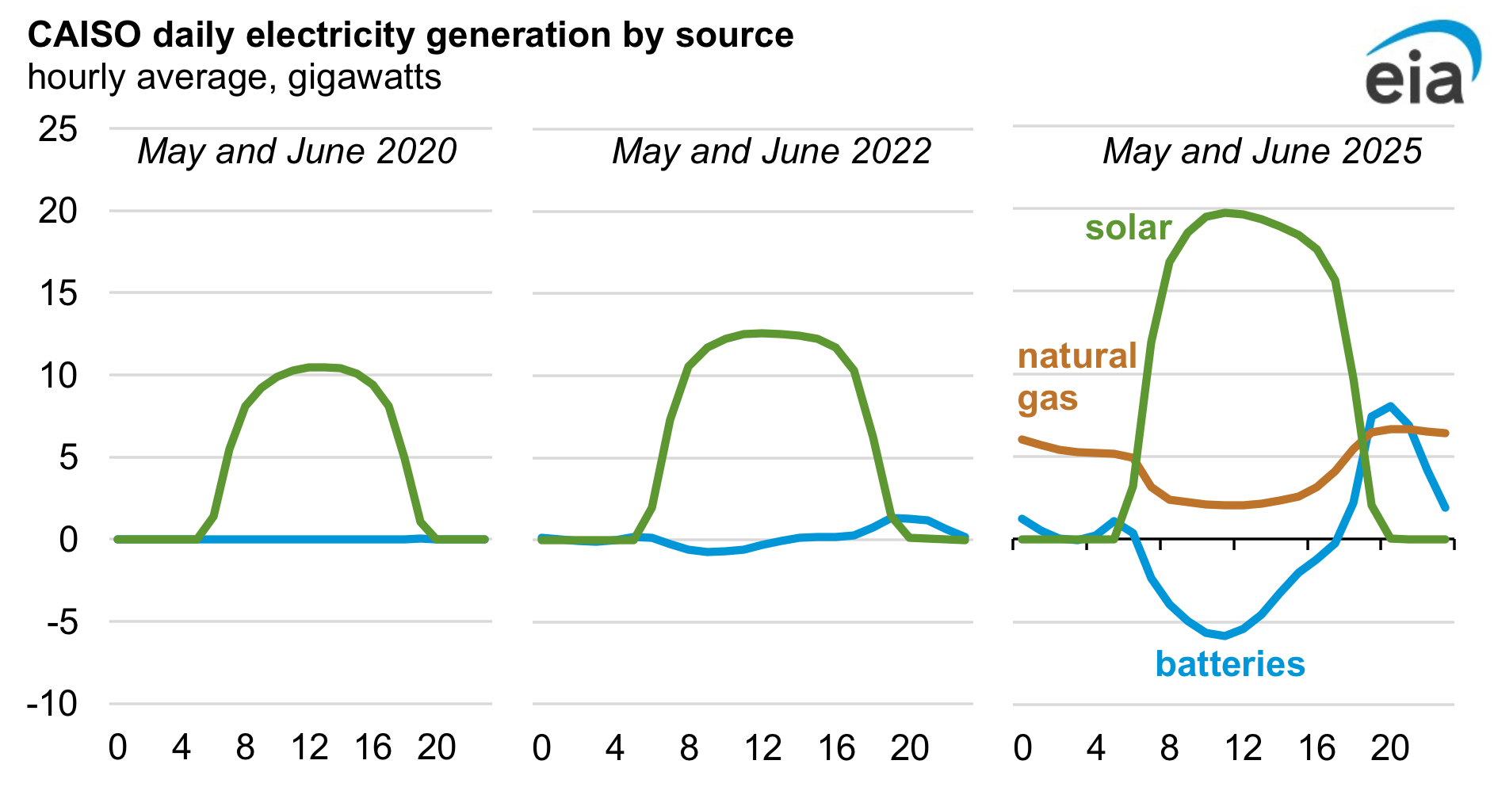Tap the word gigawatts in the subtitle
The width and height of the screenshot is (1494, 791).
coord(365,78)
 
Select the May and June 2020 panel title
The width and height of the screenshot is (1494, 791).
coord(297,151)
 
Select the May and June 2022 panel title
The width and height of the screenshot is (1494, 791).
coord(771,151)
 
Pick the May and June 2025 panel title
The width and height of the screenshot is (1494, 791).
coord(1262,151)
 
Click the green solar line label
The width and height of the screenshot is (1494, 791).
coord(1128,228)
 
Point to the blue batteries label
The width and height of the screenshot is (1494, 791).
coord(1229,664)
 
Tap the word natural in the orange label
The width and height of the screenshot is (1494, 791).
coord(1077,356)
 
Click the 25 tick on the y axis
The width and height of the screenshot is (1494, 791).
coord(58,129)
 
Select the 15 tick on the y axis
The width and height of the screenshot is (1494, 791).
coord(58,293)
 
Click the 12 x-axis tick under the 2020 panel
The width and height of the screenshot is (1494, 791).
coord(309,747)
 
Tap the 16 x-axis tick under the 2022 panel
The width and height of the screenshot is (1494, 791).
coord(836,747)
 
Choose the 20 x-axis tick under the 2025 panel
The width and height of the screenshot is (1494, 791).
coord(1390,747)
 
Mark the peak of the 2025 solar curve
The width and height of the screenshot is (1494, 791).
coord(1225,212)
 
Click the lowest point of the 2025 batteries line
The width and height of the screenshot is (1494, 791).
coord(1225,636)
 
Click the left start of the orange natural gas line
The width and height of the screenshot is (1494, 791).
coord(1022,439)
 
